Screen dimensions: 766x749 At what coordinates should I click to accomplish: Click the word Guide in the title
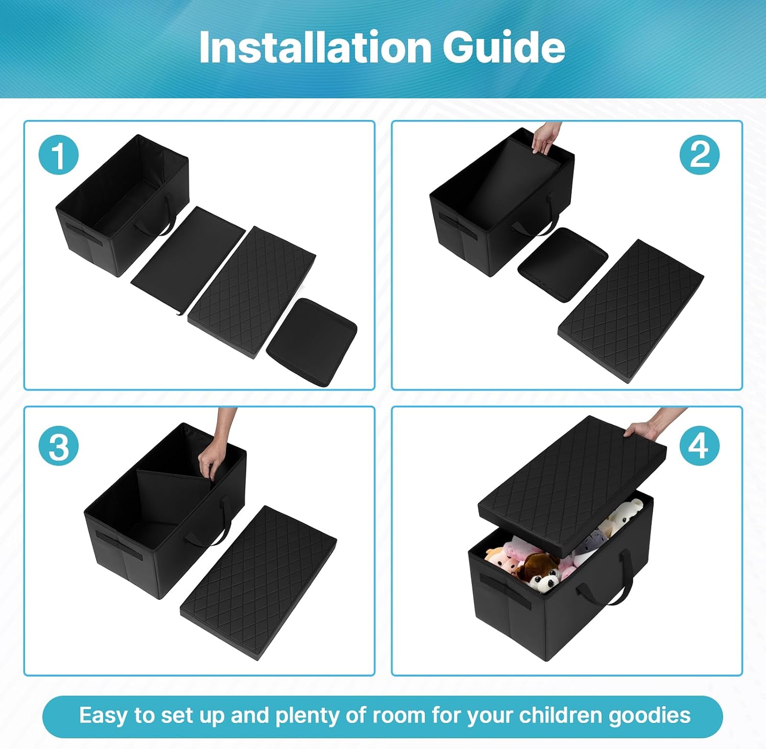(x=504, y=47)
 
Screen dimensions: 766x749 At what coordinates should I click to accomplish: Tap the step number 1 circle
(x=59, y=155)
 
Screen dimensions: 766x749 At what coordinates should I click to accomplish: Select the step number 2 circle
(x=700, y=155)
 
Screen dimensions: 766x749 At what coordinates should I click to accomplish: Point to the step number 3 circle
(x=59, y=446)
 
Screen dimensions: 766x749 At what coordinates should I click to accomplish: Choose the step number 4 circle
(x=700, y=446)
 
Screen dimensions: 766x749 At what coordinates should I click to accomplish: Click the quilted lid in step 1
(x=252, y=292)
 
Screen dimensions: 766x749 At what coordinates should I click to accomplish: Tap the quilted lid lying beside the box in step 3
(x=258, y=582)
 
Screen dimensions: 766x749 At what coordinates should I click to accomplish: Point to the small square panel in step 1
(x=312, y=342)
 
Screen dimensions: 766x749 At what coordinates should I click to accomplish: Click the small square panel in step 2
(x=563, y=264)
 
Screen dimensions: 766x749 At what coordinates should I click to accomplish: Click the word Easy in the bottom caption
(x=103, y=716)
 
